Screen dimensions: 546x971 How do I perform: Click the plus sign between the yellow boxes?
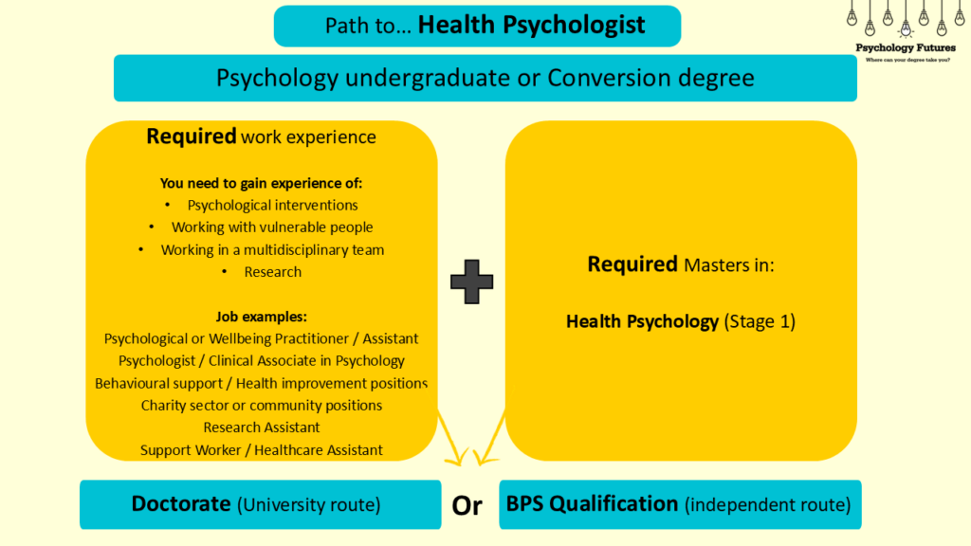(x=471, y=282)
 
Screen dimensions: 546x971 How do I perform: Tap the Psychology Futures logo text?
(x=905, y=47)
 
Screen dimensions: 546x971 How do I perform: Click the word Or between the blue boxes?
(x=467, y=506)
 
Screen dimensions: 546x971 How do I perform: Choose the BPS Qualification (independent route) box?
(x=679, y=504)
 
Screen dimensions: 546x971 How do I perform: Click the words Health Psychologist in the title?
(x=531, y=25)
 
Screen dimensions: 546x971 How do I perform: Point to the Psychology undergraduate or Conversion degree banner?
(x=485, y=78)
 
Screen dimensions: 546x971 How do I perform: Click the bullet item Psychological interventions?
(x=272, y=205)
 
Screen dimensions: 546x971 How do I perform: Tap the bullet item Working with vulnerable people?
(x=272, y=227)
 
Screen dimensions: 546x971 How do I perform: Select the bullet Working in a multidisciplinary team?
(x=272, y=249)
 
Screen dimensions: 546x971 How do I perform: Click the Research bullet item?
(x=272, y=272)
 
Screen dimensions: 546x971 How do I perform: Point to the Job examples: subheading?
(x=261, y=317)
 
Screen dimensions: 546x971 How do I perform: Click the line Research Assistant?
(x=262, y=428)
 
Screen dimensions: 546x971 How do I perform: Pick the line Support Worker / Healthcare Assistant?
(x=262, y=450)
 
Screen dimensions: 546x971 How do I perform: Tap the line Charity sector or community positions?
(x=262, y=406)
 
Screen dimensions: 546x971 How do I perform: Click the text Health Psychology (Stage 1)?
(x=680, y=321)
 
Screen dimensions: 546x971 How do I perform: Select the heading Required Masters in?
(x=681, y=264)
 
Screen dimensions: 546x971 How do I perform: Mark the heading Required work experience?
(x=261, y=136)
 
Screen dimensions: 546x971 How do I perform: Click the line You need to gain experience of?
(x=261, y=183)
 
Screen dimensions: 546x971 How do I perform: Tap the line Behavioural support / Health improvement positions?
(x=262, y=383)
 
